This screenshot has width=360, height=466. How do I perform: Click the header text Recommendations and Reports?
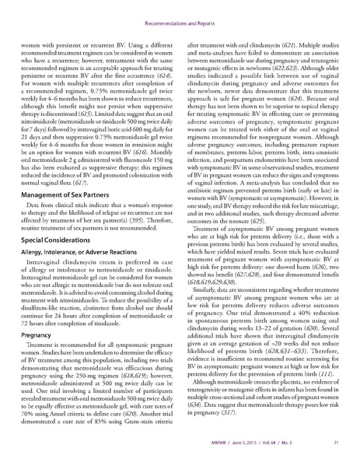(x=180, y=12)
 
